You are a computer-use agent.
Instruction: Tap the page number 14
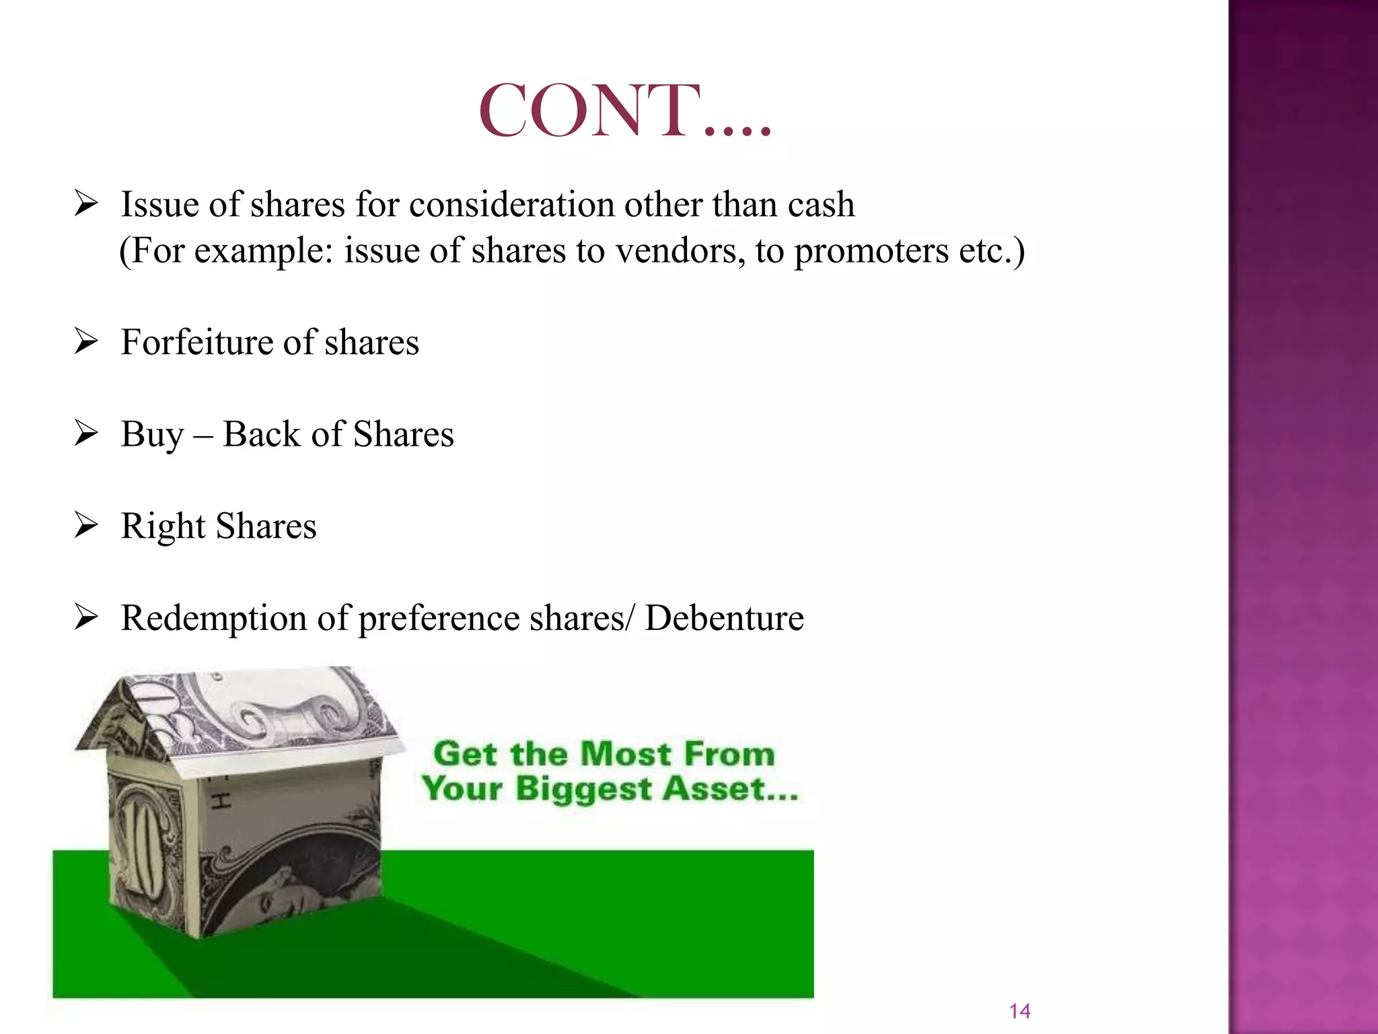[x=1019, y=1010]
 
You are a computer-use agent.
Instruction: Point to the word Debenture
[x=724, y=618]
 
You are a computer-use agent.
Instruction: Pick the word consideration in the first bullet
[x=511, y=205]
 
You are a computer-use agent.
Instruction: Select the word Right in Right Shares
[x=162, y=527]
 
